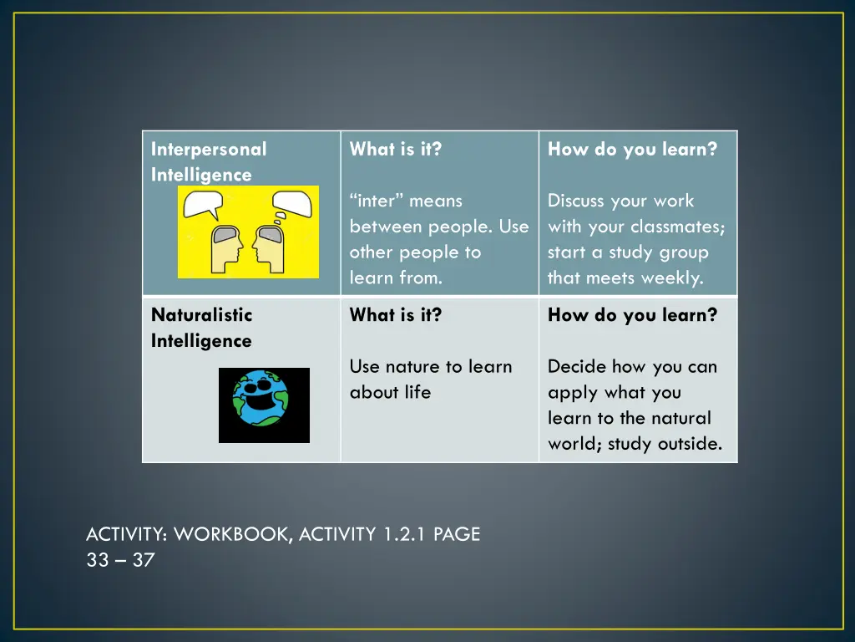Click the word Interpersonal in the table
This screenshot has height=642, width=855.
(209, 150)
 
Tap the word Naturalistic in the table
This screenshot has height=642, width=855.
(201, 315)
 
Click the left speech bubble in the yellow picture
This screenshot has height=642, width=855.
(204, 203)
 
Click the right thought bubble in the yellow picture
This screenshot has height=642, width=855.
(292, 203)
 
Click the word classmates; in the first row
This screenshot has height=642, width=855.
(678, 227)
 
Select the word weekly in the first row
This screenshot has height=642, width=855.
(673, 278)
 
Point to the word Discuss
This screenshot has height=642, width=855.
(576, 201)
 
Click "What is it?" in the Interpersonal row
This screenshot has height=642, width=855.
(395, 150)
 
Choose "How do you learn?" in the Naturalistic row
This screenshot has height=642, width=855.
(632, 315)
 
